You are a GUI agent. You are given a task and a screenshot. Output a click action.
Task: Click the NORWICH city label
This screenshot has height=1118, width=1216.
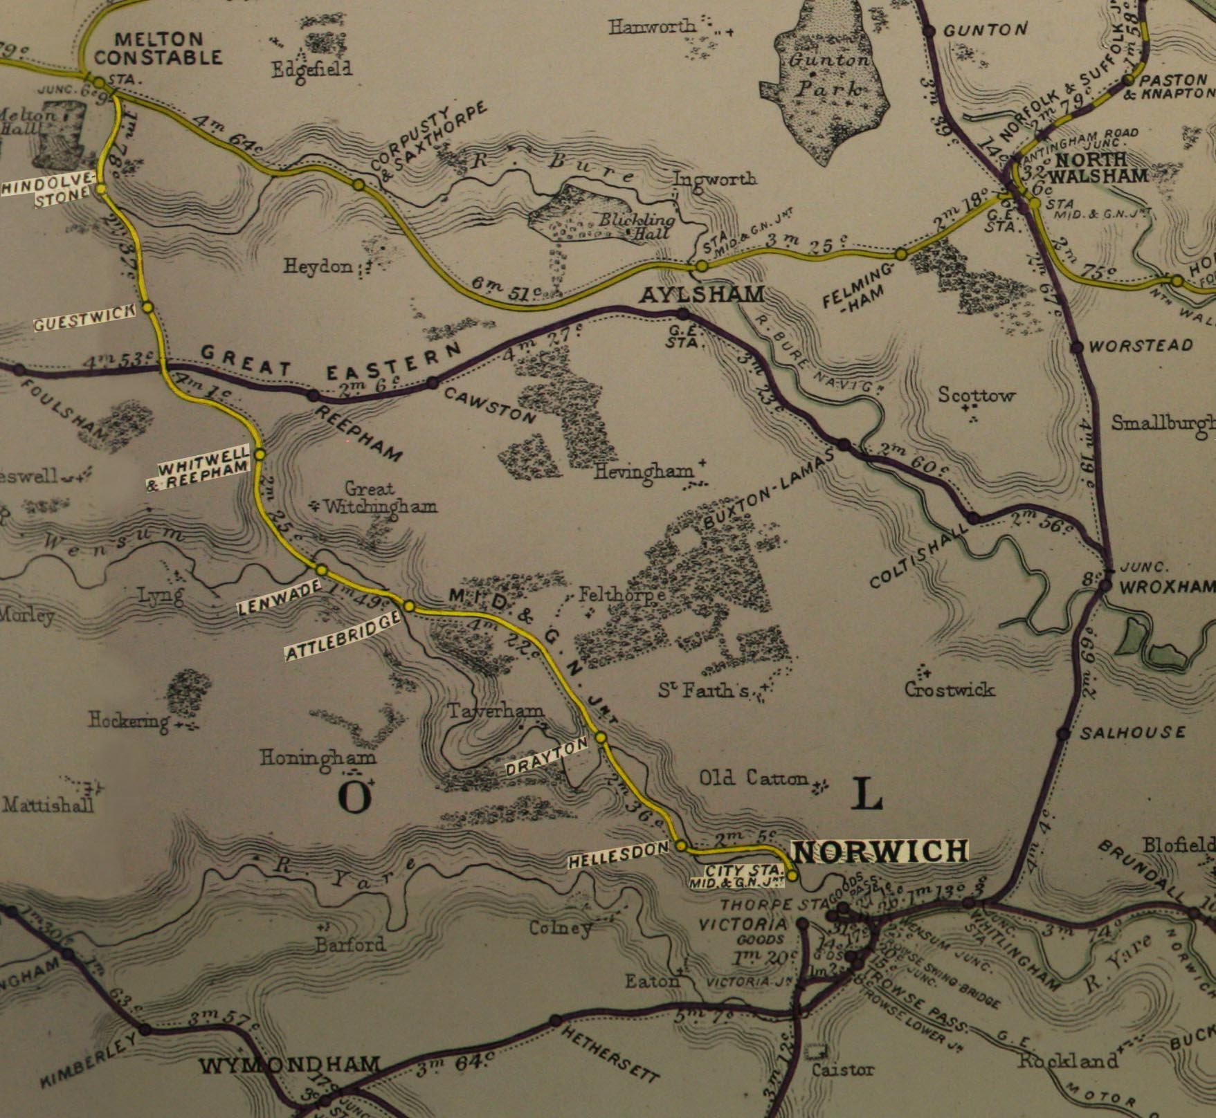point(879,852)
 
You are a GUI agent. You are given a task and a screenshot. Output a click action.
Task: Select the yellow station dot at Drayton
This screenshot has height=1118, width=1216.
point(601,737)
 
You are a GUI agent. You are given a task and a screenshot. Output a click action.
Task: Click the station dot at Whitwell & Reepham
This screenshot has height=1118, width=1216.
point(260,455)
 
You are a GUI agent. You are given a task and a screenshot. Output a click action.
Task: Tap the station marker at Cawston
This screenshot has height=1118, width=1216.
point(433,383)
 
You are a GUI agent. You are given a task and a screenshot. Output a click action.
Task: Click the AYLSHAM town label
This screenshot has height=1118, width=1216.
point(701,295)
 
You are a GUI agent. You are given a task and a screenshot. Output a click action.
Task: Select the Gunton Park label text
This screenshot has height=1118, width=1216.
point(829,74)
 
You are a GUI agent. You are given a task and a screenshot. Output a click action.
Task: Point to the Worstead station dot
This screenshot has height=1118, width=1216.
point(1077,347)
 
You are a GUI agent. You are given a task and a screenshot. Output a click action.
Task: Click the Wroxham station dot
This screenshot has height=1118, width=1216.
point(1105,585)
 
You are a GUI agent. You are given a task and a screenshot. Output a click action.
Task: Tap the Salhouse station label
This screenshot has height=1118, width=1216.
point(1133,732)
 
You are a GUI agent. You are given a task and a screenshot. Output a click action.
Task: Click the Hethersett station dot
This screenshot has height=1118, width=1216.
point(555,1020)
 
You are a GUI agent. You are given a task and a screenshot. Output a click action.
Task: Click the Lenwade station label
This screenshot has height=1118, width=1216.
point(280,598)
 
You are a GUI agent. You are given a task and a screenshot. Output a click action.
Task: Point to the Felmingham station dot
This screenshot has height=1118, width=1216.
point(900,255)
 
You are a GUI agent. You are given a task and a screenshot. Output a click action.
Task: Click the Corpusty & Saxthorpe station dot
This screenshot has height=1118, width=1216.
point(359,185)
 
